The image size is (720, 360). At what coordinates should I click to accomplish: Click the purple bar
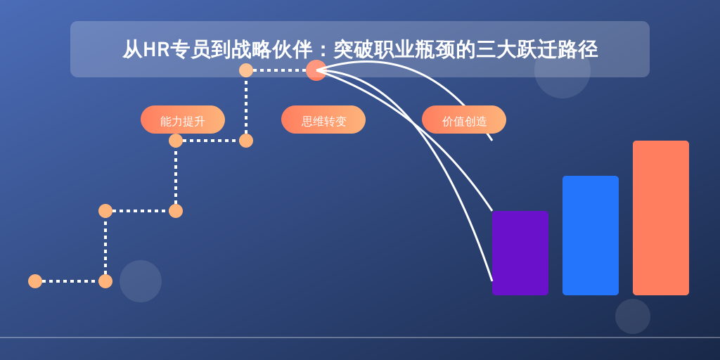pos(520,253)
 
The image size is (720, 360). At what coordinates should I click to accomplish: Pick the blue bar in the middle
pos(591,236)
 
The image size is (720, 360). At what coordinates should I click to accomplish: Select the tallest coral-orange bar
pos(661,218)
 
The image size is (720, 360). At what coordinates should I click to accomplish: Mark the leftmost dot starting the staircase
pos(35,281)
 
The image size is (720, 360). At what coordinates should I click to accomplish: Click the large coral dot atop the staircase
pos(316,70)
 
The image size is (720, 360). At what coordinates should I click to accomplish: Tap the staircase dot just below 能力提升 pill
pos(176,141)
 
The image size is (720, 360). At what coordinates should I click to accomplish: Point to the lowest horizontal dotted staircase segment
pos(70,281)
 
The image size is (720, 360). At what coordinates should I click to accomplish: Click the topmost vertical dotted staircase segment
pos(246,105)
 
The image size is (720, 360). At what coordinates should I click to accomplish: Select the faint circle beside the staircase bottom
pos(141,281)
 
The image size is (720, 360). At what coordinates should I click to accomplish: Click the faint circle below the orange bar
pos(633,316)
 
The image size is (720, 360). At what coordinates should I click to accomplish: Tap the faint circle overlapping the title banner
pos(562,70)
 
